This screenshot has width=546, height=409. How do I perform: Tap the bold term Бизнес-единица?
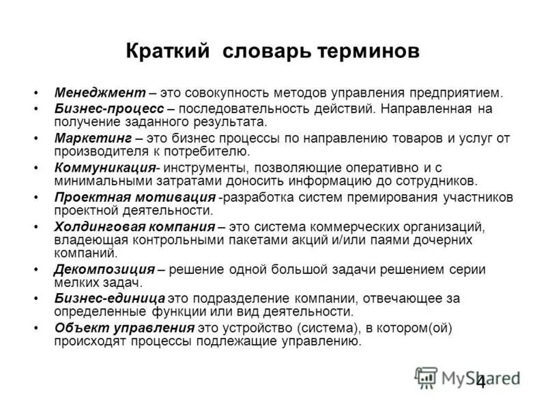point(110,299)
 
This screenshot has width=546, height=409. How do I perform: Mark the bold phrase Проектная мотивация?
point(134,197)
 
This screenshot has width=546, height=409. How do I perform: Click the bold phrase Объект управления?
point(124,328)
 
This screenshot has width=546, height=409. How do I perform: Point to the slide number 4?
point(480,382)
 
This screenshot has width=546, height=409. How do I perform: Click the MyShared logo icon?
point(426,378)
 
